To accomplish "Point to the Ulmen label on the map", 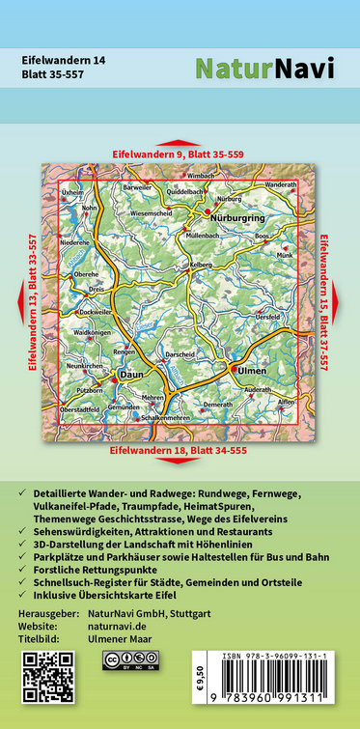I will click(253, 370).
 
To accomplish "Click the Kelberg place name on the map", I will click(200, 264).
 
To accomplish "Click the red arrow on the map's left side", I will click(21, 303).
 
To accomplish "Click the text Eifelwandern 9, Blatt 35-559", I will click(179, 154).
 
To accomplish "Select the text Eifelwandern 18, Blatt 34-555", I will click(179, 451).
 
